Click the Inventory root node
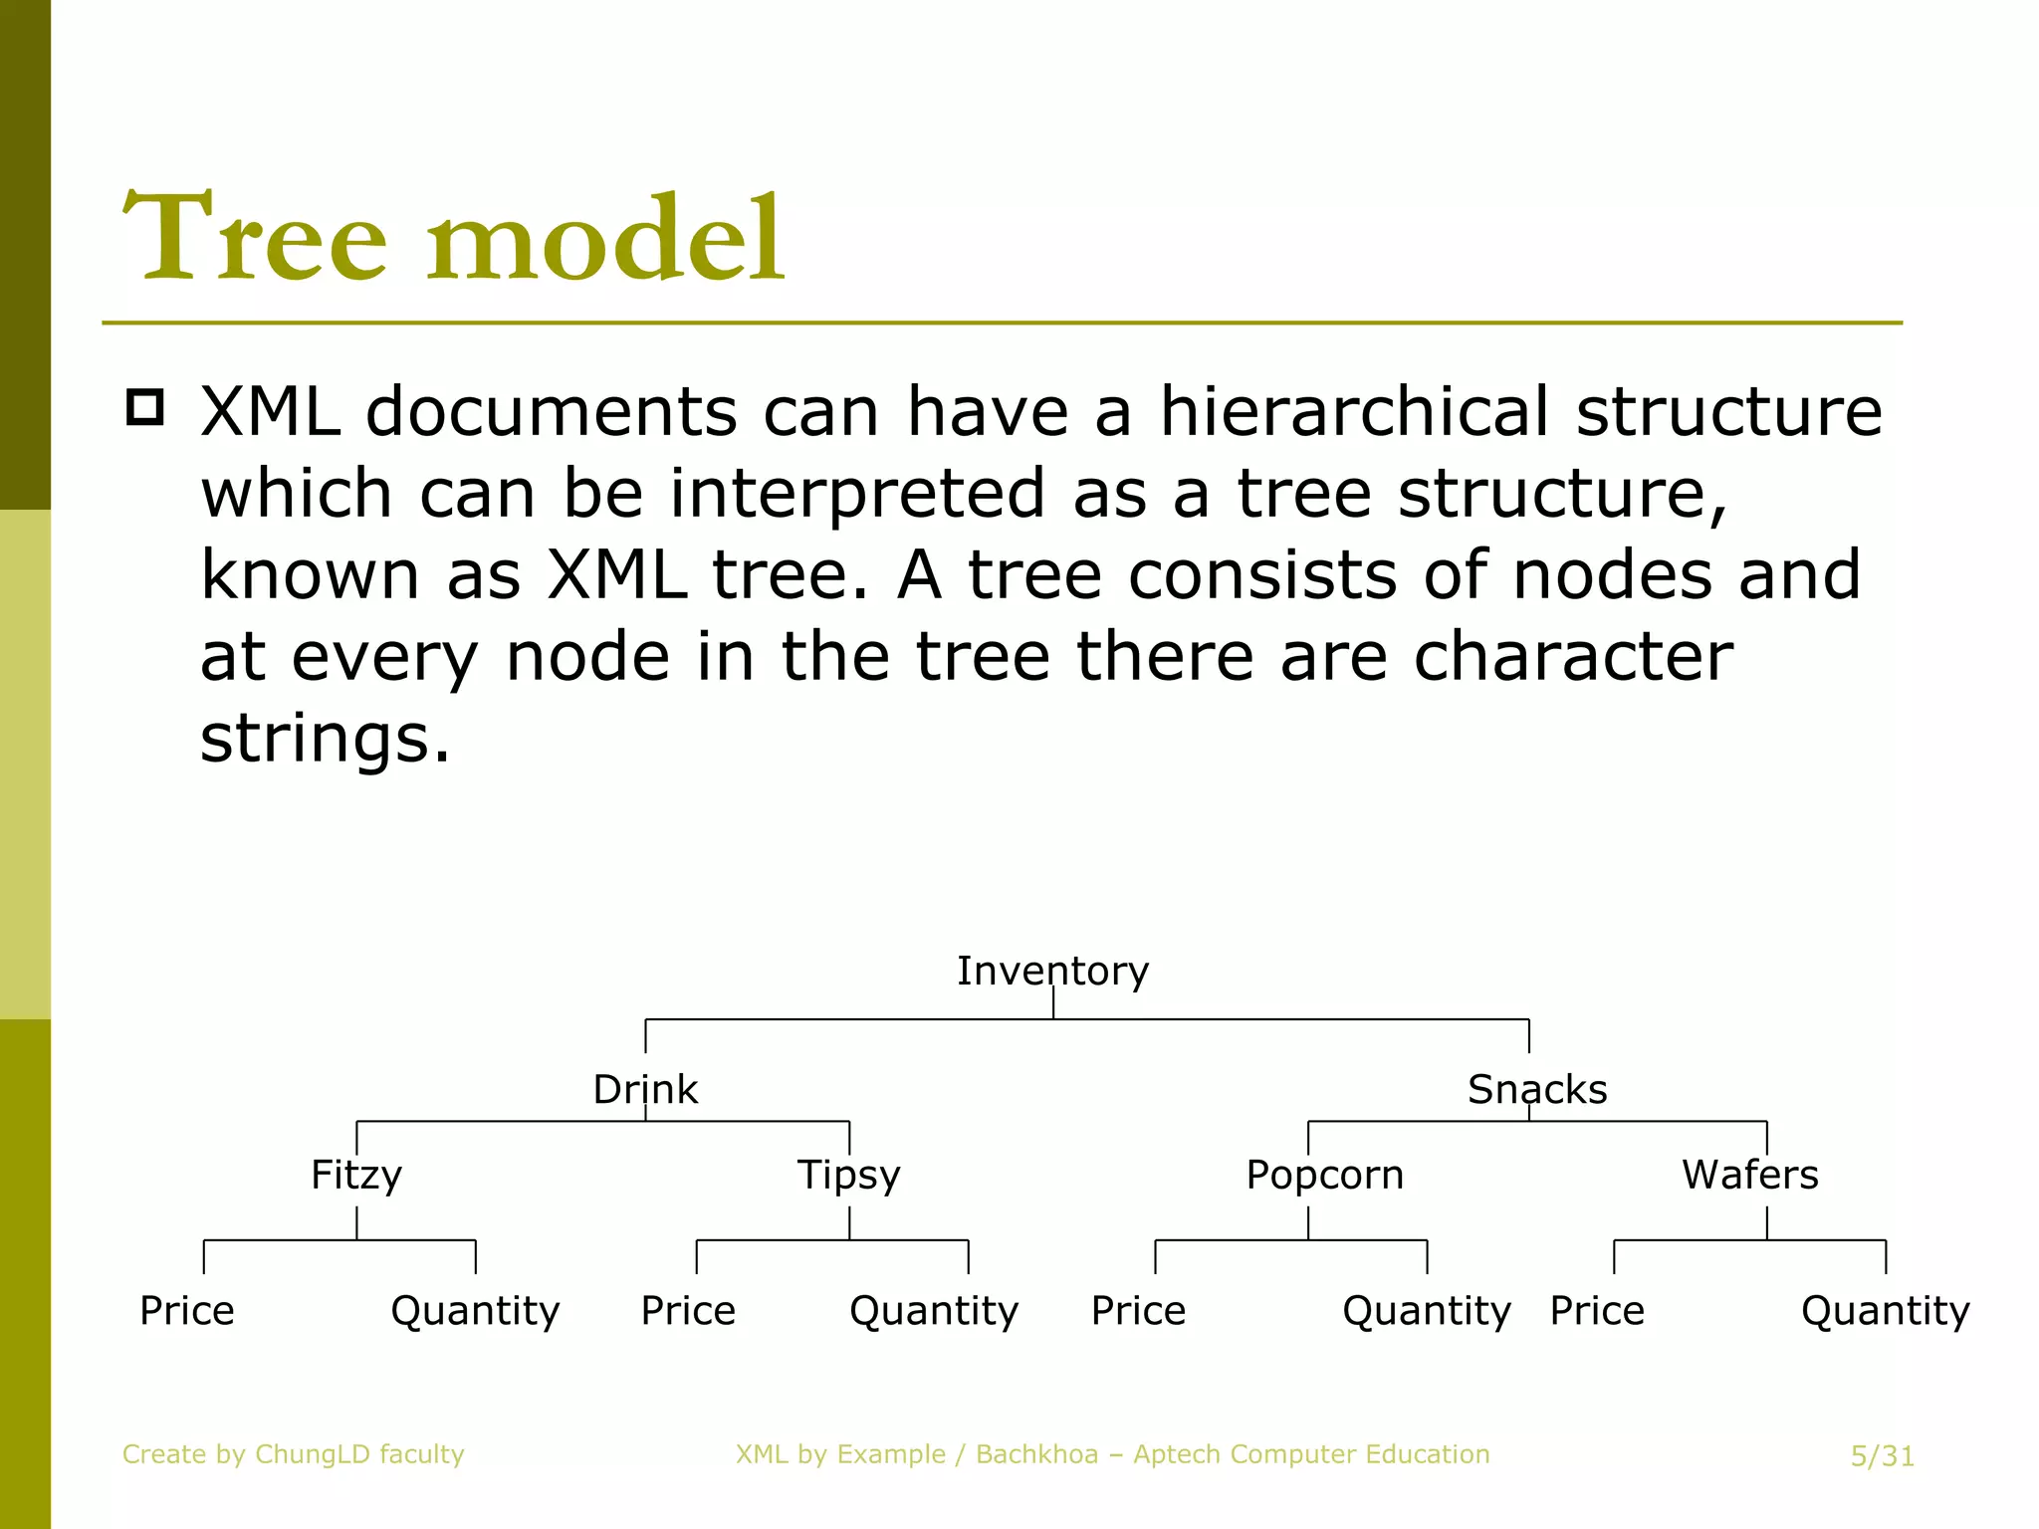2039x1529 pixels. tap(1052, 971)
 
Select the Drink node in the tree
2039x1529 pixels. tap(645, 1089)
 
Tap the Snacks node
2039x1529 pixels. tap(1536, 1089)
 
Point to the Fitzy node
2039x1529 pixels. tap(356, 1175)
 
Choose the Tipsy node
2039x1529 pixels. tap(848, 1175)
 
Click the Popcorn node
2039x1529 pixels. tap(1324, 1175)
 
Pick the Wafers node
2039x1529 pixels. tap(1749, 1175)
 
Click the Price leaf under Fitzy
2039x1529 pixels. tap(187, 1310)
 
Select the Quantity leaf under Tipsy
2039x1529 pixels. tap(934, 1310)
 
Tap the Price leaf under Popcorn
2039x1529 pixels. tap(1138, 1310)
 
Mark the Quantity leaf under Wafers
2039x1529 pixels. tap(1885, 1310)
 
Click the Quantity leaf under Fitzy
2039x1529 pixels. tap(475, 1310)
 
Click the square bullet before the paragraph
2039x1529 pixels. tap(145, 408)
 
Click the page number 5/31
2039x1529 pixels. tap(1882, 1456)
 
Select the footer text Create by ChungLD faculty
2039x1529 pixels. tap(293, 1454)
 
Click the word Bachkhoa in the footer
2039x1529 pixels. tap(1035, 1454)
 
